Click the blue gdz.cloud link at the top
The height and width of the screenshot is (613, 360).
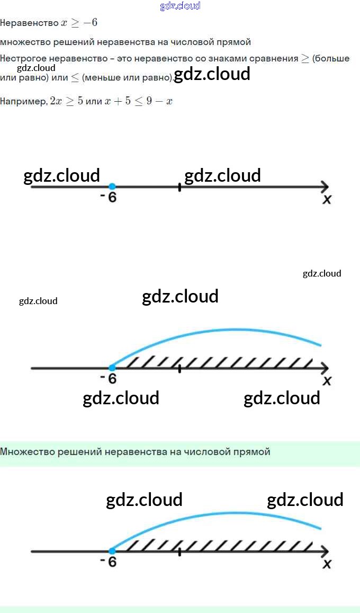coord(180,6)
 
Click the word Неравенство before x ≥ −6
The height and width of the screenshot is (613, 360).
coord(29,23)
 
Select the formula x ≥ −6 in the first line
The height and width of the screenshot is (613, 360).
coord(79,23)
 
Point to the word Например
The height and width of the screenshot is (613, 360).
coord(23,101)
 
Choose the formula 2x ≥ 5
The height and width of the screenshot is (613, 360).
coord(66,101)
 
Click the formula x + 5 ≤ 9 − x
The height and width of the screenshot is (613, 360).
coord(139,101)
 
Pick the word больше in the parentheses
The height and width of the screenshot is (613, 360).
coord(332,59)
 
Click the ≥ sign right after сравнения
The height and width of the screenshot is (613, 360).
coord(305,59)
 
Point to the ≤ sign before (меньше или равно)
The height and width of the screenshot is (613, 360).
coord(75,78)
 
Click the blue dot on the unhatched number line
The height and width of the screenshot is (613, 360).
coord(112,186)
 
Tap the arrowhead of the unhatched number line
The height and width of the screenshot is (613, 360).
coord(325,186)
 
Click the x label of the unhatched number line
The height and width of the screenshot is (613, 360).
coord(327,199)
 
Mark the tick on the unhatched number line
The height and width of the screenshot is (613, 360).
coord(179,186)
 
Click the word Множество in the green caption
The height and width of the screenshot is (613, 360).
coord(24,452)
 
